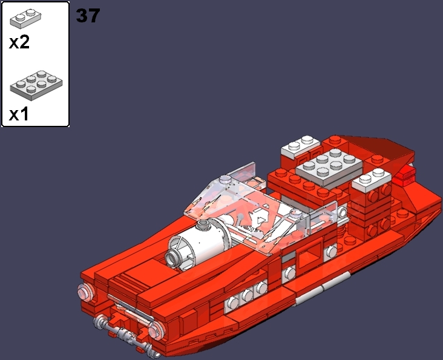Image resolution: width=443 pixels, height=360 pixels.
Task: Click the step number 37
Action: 88,16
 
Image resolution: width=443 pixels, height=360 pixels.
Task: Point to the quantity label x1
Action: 19,114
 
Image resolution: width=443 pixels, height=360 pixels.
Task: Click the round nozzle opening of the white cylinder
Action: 174,258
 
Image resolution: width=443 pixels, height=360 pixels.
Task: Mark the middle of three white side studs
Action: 246,296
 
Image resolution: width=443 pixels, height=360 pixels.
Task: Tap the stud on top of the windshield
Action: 225,180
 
